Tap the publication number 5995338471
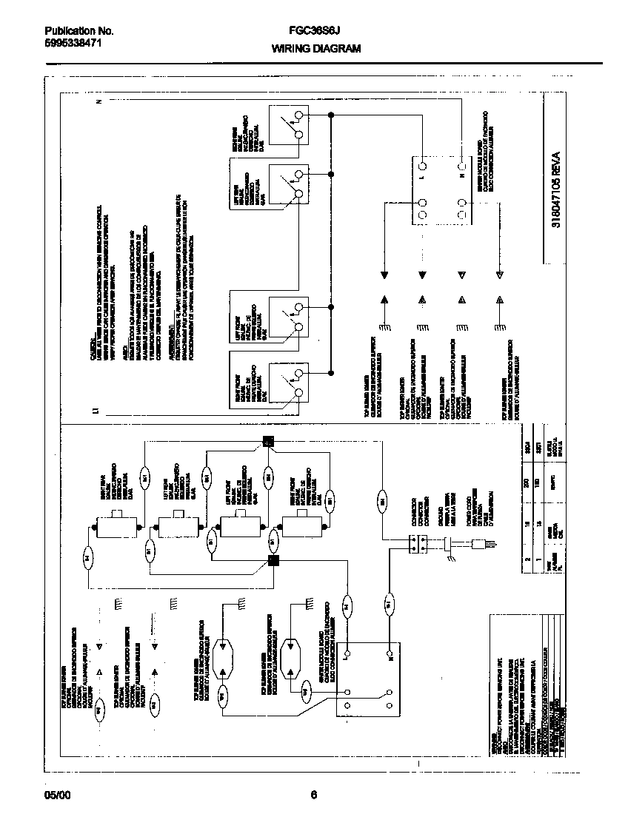tap(73, 43)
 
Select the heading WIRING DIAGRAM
tap(315, 48)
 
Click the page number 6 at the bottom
tap(313, 795)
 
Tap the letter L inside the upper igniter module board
tap(420, 178)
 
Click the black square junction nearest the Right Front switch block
tap(273, 560)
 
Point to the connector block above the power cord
tap(417, 544)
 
